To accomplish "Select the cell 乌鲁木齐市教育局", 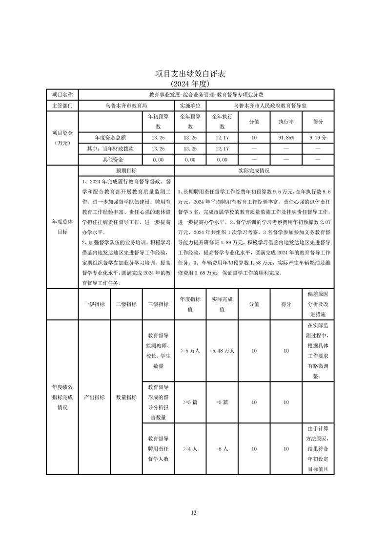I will click(126, 105).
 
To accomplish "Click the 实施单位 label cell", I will click(190, 105).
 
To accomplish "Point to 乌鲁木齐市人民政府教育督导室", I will click(270, 105).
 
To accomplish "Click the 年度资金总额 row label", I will click(110, 138).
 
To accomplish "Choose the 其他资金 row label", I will click(110, 160).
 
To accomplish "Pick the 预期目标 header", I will click(126, 171).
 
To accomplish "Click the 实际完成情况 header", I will click(254, 171).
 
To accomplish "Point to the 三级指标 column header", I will click(158, 304).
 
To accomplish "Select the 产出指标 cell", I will click(94, 398).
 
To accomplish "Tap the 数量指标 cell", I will click(126, 398).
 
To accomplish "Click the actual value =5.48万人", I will click(222, 351).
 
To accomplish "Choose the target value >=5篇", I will click(190, 402).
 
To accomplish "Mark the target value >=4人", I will click(190, 449).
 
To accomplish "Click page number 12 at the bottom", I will click(193, 512).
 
